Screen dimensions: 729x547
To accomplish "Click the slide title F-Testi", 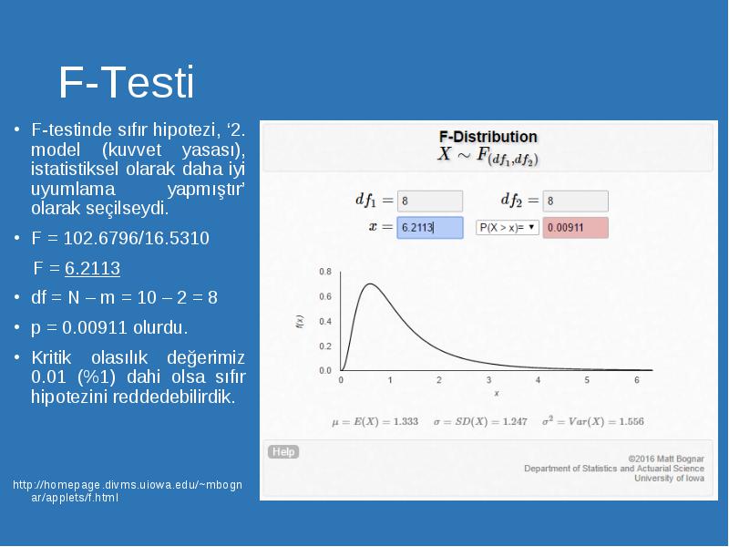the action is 126,83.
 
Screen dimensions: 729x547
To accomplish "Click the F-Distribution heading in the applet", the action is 488,137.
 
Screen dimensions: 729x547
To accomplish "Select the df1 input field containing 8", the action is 430,201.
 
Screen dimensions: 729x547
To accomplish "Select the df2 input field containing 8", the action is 576,201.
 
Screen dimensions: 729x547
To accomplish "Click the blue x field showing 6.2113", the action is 430,227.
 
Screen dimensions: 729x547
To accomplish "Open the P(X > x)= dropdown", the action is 508,227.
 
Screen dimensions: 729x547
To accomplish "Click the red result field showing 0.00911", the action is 576,227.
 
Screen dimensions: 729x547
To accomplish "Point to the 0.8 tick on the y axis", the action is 325,272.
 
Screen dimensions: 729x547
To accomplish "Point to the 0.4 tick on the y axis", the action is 325,322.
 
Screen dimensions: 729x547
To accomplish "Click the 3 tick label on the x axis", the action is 488,380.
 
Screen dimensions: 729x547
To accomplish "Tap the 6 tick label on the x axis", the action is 637,380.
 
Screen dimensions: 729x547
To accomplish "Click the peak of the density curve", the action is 370,284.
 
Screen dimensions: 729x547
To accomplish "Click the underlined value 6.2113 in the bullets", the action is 93,268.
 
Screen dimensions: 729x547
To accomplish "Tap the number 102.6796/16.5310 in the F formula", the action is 136,238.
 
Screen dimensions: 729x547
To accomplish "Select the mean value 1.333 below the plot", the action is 406,421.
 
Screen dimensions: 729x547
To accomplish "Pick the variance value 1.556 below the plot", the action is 631,421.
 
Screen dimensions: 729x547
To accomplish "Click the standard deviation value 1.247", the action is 515,421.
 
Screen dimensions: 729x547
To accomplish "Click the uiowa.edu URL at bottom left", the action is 128,491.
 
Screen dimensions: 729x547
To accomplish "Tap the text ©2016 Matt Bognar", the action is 666,459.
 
